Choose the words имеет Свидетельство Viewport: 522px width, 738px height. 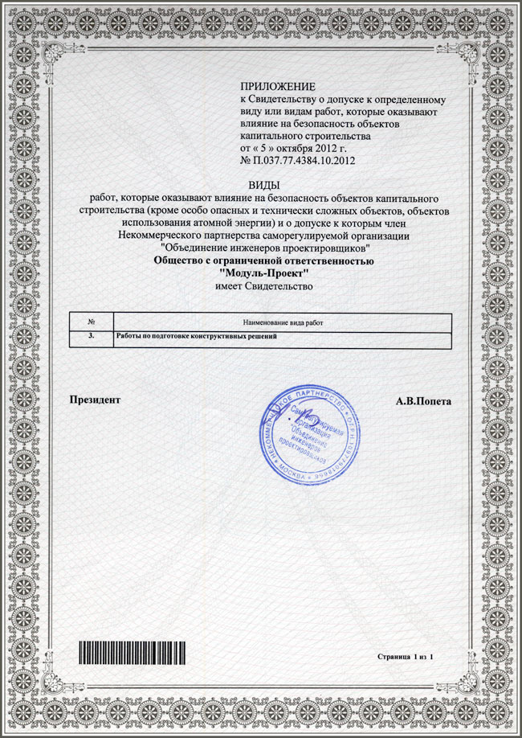261,286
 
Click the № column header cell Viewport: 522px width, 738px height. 91,322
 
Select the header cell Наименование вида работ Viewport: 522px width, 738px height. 281,322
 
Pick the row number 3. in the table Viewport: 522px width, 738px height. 91,335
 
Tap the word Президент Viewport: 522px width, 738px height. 95,399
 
